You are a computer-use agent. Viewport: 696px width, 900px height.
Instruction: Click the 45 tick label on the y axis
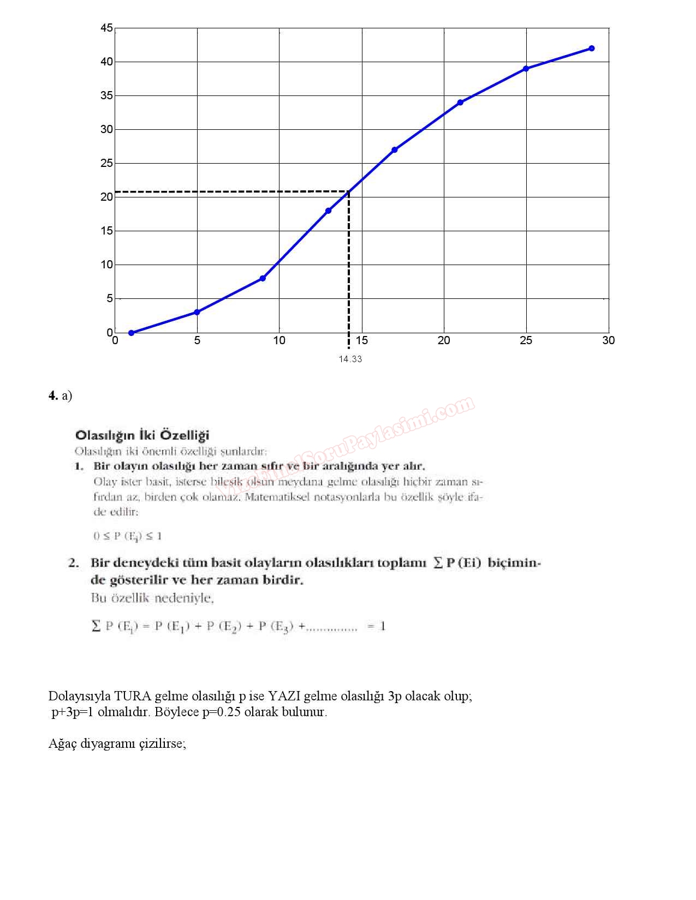(107, 28)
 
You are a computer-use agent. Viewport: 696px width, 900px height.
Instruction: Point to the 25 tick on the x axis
(526, 340)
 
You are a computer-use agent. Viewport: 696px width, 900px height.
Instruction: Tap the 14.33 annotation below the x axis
(350, 359)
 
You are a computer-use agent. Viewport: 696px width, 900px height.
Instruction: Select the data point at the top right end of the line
(592, 49)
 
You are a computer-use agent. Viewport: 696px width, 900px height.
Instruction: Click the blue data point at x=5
(197, 312)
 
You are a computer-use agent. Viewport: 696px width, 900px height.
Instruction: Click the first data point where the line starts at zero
(131, 333)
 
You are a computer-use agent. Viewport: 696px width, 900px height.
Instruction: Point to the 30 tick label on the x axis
(608, 340)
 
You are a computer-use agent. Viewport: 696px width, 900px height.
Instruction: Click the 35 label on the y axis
(107, 96)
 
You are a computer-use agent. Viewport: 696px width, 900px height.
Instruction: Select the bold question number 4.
(53, 395)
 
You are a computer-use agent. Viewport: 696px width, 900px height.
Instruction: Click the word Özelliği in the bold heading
(185, 435)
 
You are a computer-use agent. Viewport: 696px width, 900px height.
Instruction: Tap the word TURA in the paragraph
(133, 696)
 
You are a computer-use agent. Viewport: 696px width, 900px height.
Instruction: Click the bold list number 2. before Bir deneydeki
(74, 563)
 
